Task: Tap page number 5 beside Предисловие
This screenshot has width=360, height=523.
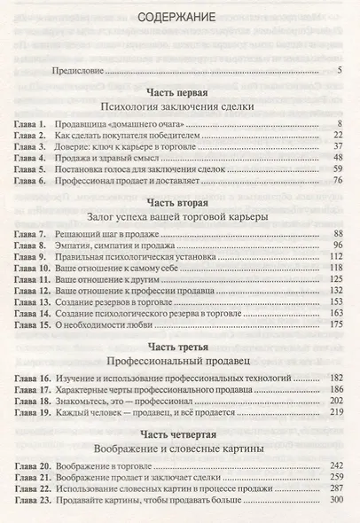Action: click(340, 70)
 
